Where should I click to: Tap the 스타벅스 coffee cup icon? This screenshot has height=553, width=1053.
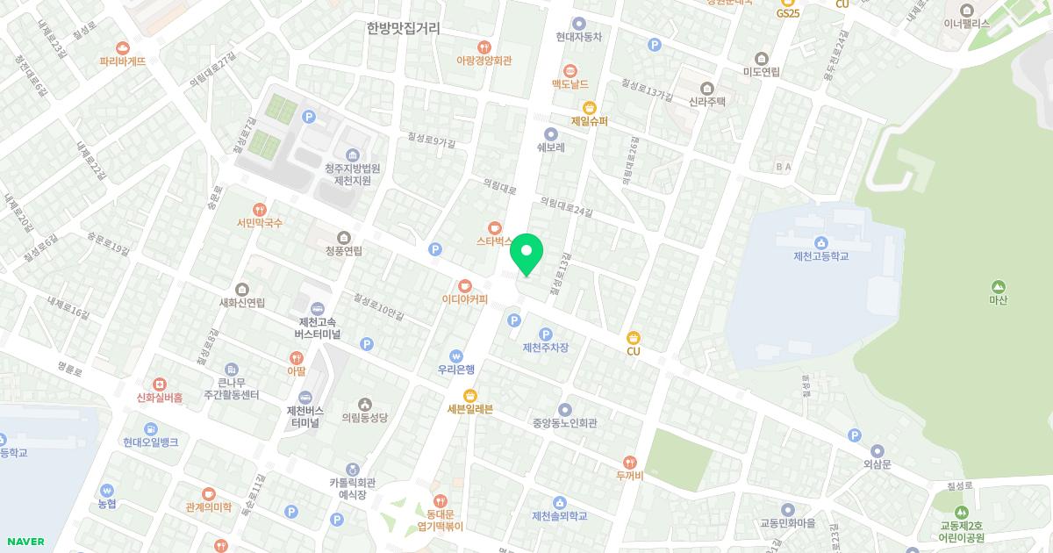pyautogui.click(x=494, y=226)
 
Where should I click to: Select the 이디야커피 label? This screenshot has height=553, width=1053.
pyautogui.click(x=465, y=298)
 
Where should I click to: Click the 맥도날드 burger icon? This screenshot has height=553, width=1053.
pyautogui.click(x=570, y=69)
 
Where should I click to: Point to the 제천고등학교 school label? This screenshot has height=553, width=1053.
pyautogui.click(x=820, y=256)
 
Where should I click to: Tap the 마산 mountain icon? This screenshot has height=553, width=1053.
pyautogui.click(x=998, y=286)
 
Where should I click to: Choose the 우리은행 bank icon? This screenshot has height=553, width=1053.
pyautogui.click(x=456, y=355)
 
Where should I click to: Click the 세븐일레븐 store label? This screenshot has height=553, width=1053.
pyautogui.click(x=470, y=409)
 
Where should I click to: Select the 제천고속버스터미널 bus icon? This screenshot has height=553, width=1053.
pyautogui.click(x=317, y=309)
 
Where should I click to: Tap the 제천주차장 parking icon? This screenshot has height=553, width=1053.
pyautogui.click(x=545, y=334)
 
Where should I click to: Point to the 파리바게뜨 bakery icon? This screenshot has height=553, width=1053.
pyautogui.click(x=123, y=47)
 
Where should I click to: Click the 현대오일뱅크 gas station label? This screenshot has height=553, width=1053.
pyautogui.click(x=151, y=442)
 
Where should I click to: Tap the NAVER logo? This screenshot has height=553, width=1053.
pyautogui.click(x=25, y=542)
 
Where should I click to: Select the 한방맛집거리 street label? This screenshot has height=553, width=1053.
pyautogui.click(x=403, y=28)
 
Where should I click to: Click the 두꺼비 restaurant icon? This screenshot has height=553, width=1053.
pyautogui.click(x=629, y=463)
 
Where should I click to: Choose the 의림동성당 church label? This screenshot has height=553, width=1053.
pyautogui.click(x=364, y=418)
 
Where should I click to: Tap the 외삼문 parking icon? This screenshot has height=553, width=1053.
pyautogui.click(x=855, y=435)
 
